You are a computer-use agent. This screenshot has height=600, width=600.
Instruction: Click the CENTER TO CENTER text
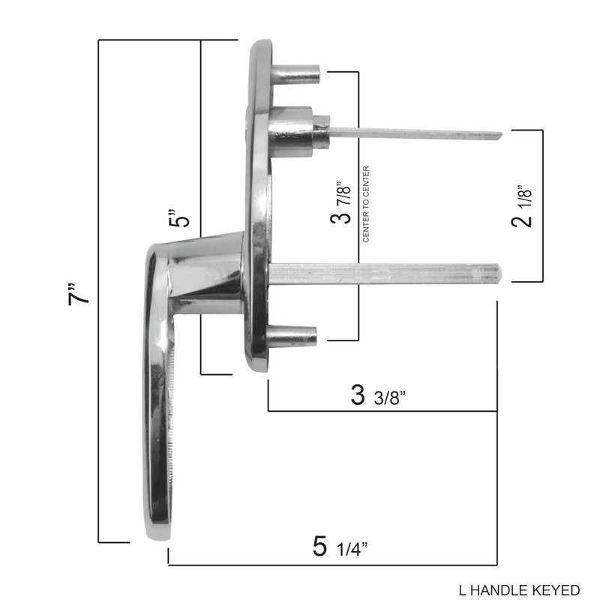[x=367, y=204]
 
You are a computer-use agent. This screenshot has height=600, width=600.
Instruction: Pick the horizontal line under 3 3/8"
[x=382, y=411]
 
